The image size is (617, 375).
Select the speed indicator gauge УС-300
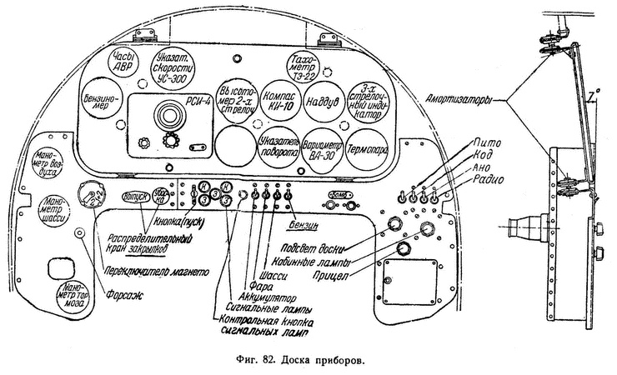pos(176,62)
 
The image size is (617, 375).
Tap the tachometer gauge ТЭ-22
pos(298,62)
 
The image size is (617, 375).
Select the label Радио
pos(489,177)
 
